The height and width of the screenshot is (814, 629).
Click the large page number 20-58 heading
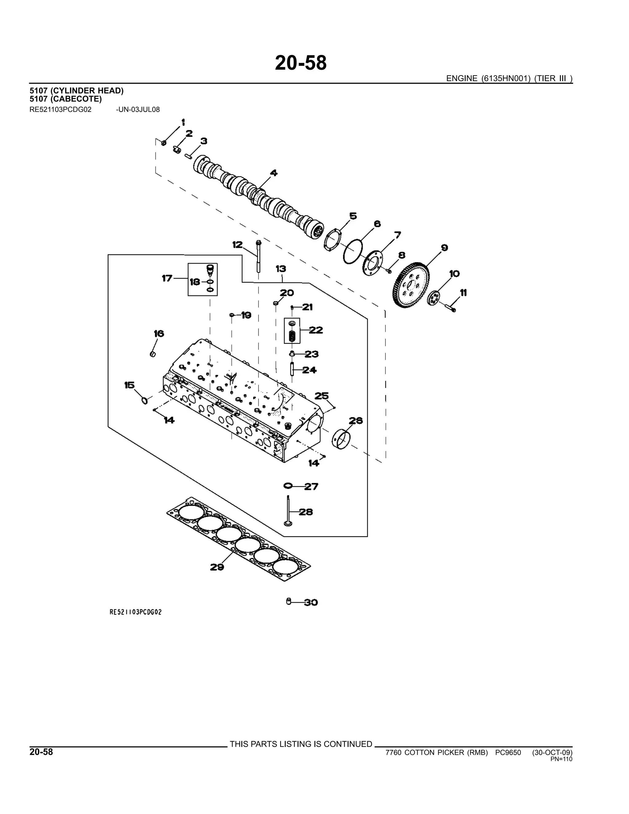[x=300, y=63]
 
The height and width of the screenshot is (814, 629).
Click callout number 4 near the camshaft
[x=274, y=173]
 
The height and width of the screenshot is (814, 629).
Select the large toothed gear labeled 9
[x=411, y=285]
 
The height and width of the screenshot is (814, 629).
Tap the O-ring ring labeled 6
[x=353, y=252]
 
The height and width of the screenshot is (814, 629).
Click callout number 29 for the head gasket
[x=217, y=567]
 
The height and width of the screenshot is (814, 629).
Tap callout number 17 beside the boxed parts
[x=167, y=278]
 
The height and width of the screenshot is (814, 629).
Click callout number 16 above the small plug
[x=159, y=334]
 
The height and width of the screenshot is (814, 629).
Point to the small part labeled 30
[x=288, y=601]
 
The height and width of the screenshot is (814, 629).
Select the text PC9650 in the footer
[x=508, y=753]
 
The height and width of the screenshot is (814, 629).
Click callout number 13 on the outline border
[x=281, y=269]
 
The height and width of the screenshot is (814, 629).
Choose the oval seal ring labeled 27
[x=288, y=486]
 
